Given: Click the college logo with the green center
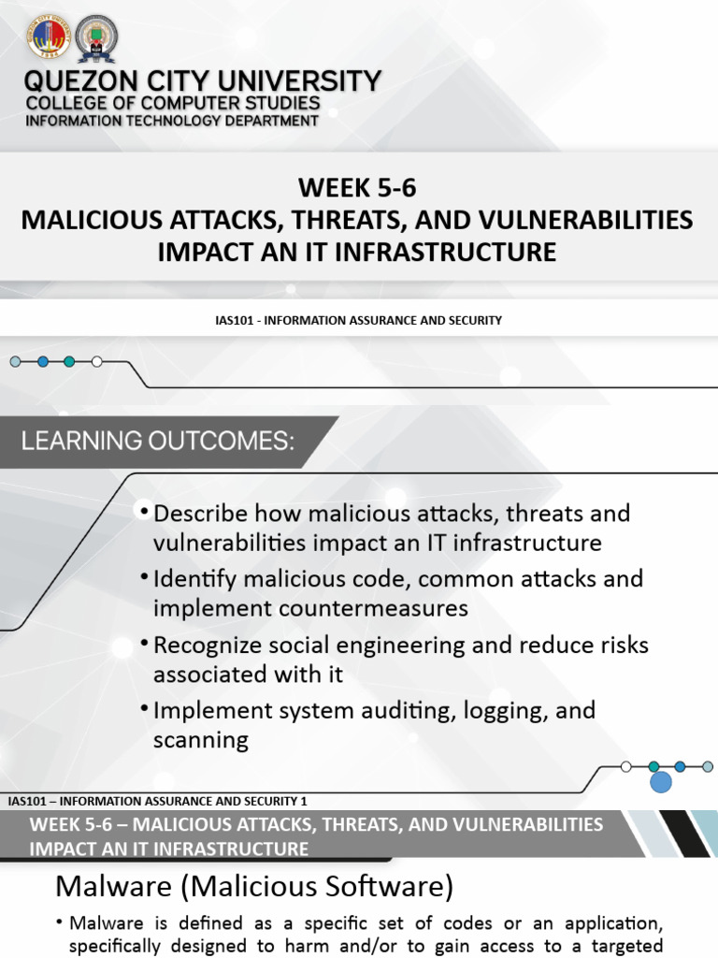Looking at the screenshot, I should click(x=96, y=38).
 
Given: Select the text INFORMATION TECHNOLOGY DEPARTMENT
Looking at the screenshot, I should click(x=171, y=121).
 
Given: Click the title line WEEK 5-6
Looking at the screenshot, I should click(x=357, y=188).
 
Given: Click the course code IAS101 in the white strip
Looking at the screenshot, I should click(x=232, y=320).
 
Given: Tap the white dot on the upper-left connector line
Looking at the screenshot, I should click(x=97, y=361).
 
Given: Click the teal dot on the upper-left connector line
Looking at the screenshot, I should click(x=69, y=361).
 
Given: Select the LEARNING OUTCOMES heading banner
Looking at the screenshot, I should click(x=158, y=441).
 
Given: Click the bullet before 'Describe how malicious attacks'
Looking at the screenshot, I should click(x=143, y=513).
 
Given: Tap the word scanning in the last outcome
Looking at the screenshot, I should click(x=201, y=741).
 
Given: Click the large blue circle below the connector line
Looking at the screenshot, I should click(x=661, y=782).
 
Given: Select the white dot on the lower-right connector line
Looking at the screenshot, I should click(x=625, y=766).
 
